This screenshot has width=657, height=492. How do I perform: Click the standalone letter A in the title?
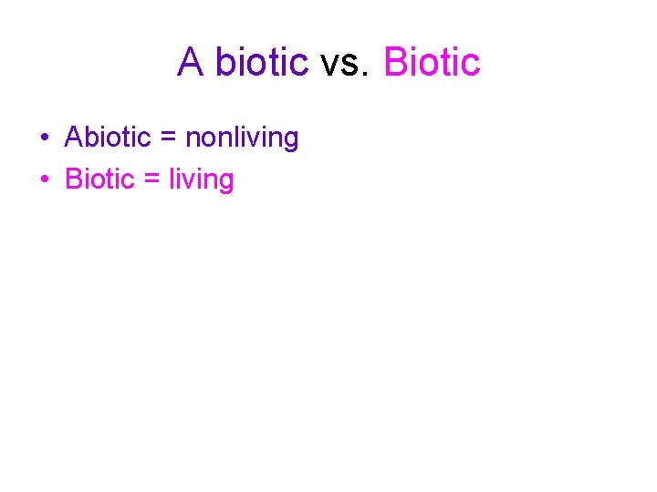(191, 62)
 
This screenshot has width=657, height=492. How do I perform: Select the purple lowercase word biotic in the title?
(262, 62)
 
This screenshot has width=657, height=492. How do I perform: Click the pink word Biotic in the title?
(432, 62)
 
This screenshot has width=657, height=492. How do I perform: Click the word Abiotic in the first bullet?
(108, 138)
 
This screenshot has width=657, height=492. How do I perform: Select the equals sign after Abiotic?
(168, 138)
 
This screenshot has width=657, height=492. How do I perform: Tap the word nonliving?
(242, 138)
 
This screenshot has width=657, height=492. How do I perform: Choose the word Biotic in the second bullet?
(99, 179)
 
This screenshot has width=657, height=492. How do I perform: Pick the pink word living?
(202, 180)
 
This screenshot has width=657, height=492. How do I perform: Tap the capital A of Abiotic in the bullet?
(73, 138)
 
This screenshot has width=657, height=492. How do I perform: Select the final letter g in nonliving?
(291, 141)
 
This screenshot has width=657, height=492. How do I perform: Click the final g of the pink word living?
(226, 183)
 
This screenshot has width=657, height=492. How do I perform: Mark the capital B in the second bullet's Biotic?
(73, 179)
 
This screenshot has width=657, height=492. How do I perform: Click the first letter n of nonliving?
(192, 140)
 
